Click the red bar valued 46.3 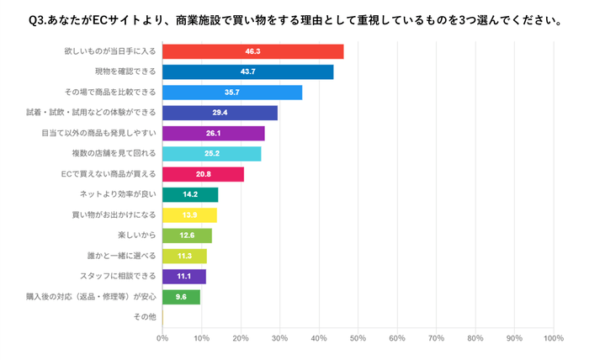(x=252, y=52)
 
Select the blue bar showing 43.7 (x=247, y=72)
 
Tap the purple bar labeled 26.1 (x=213, y=133)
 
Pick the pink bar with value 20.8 (x=203, y=174)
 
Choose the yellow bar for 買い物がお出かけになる (x=189, y=215)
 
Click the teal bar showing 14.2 (x=190, y=194)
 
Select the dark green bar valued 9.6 (x=181, y=297)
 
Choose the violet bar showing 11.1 (x=183, y=276)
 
